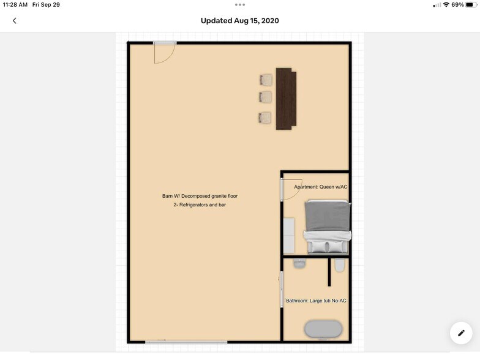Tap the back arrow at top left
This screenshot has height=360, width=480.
point(15,21)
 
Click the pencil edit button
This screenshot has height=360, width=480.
point(460,332)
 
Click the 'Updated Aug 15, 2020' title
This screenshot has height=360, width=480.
point(239,21)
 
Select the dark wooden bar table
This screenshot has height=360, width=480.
point(286,99)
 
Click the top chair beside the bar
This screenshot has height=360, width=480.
point(265,80)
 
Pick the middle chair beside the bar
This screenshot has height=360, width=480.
point(265,97)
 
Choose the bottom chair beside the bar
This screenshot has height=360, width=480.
point(265,118)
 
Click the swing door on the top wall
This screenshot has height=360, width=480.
point(164,51)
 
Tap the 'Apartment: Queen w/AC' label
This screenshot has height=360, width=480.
point(321,187)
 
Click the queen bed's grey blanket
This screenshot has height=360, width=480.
point(328,216)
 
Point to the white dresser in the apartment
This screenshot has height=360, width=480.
point(288,235)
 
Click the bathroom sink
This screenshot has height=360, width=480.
point(299,264)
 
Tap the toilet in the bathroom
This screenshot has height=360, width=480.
point(340,265)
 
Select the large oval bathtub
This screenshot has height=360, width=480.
point(323,329)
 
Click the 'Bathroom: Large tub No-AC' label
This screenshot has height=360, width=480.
point(316,301)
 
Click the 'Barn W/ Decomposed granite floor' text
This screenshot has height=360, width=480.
point(200,196)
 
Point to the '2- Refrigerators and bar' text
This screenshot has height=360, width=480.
point(200,205)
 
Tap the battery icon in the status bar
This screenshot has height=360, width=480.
point(471,5)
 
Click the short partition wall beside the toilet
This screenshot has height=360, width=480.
point(329,272)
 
